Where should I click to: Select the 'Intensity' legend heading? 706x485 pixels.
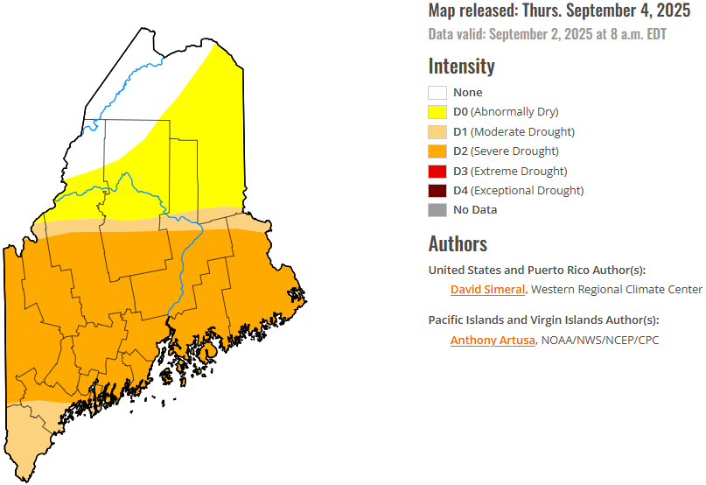(x=461, y=66)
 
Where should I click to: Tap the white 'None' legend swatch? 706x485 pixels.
(x=437, y=93)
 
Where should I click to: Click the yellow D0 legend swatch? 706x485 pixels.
(x=437, y=112)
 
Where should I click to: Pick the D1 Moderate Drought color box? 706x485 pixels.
(x=437, y=132)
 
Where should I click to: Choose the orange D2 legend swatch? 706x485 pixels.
(x=437, y=151)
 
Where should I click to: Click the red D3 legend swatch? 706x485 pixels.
(x=437, y=171)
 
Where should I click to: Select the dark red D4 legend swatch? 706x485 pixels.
(x=437, y=190)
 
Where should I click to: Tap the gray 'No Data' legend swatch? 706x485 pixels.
(x=437, y=210)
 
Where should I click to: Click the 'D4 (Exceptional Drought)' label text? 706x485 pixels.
(x=518, y=190)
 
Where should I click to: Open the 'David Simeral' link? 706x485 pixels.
(x=487, y=290)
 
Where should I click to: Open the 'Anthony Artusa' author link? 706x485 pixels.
(x=492, y=341)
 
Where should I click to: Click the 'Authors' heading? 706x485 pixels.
(x=458, y=243)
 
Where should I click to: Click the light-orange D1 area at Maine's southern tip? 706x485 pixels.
(x=31, y=438)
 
